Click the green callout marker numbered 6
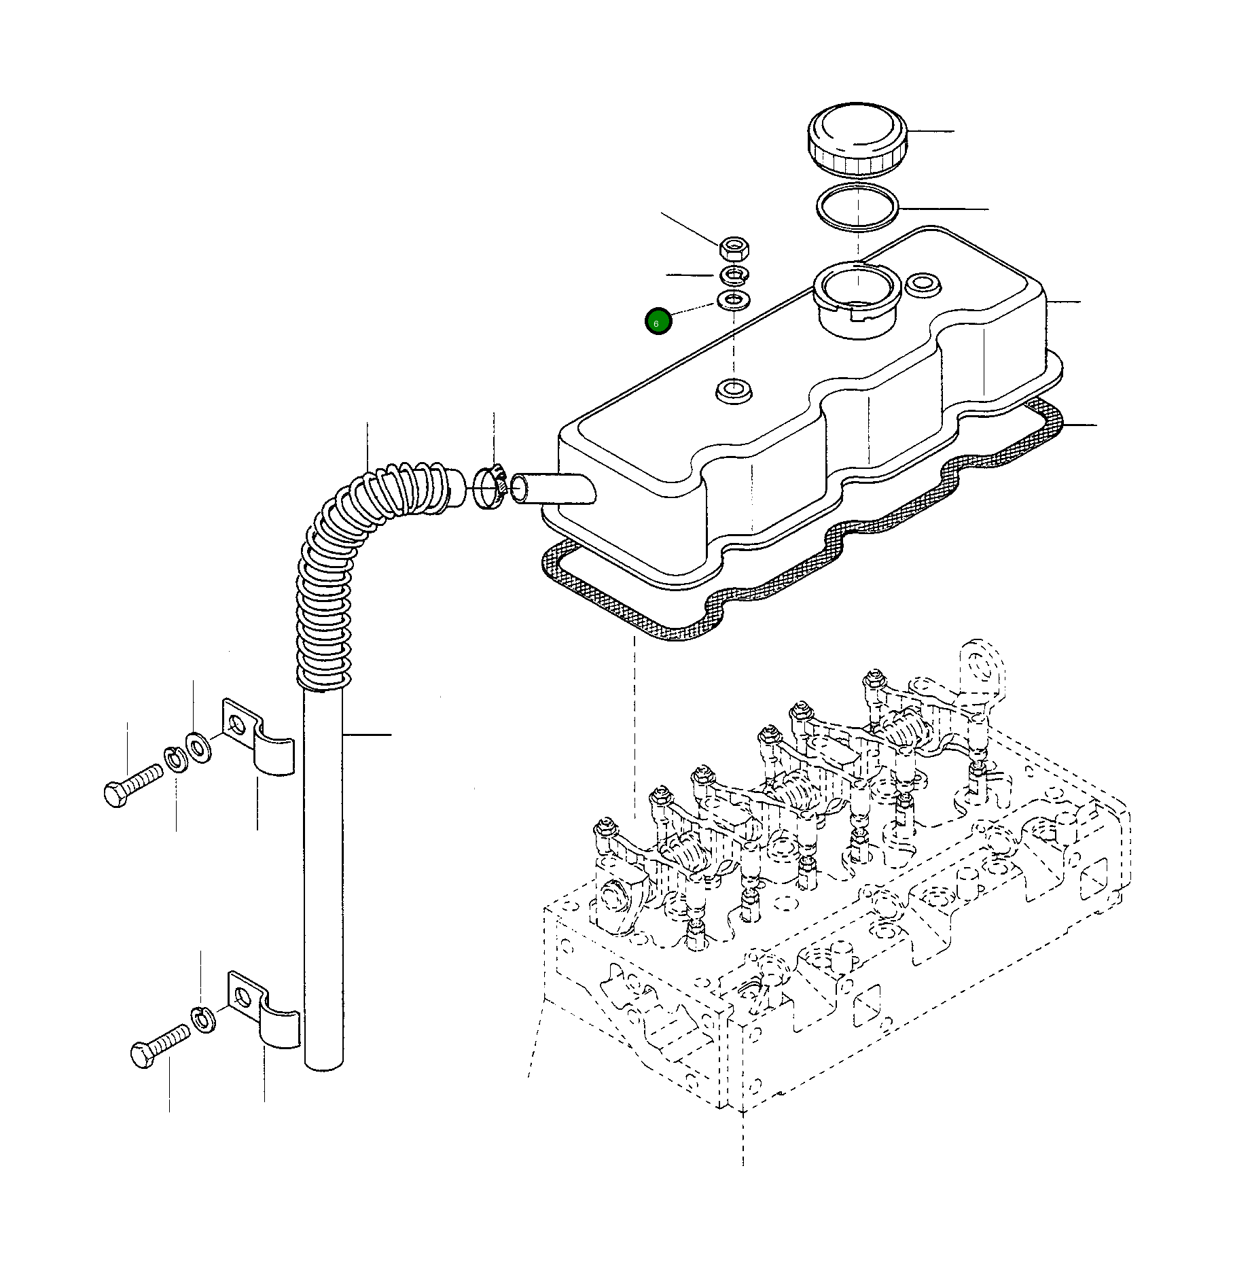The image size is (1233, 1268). (x=658, y=321)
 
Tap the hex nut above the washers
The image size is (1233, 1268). (x=734, y=248)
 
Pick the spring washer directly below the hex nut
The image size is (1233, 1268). (x=734, y=275)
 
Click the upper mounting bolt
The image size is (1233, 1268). (x=132, y=785)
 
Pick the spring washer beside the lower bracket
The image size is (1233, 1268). (x=204, y=1017)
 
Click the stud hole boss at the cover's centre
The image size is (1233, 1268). (x=734, y=391)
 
